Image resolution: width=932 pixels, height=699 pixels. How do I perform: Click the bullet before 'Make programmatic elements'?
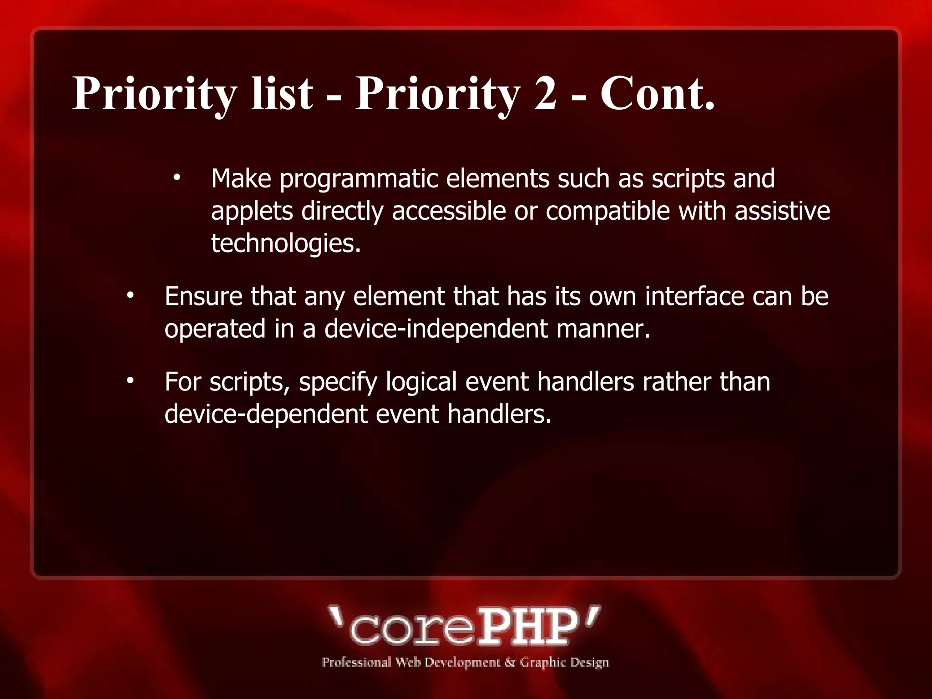[177, 177]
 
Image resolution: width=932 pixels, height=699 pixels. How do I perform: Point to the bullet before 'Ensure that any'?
[131, 296]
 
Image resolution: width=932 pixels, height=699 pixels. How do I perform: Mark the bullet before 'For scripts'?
[131, 381]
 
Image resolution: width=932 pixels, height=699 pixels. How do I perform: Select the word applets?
[252, 212]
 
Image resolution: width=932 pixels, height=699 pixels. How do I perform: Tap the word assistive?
[782, 211]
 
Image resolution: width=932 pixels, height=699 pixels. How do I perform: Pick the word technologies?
[286, 243]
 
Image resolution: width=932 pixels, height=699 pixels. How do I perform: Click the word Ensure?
[203, 296]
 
